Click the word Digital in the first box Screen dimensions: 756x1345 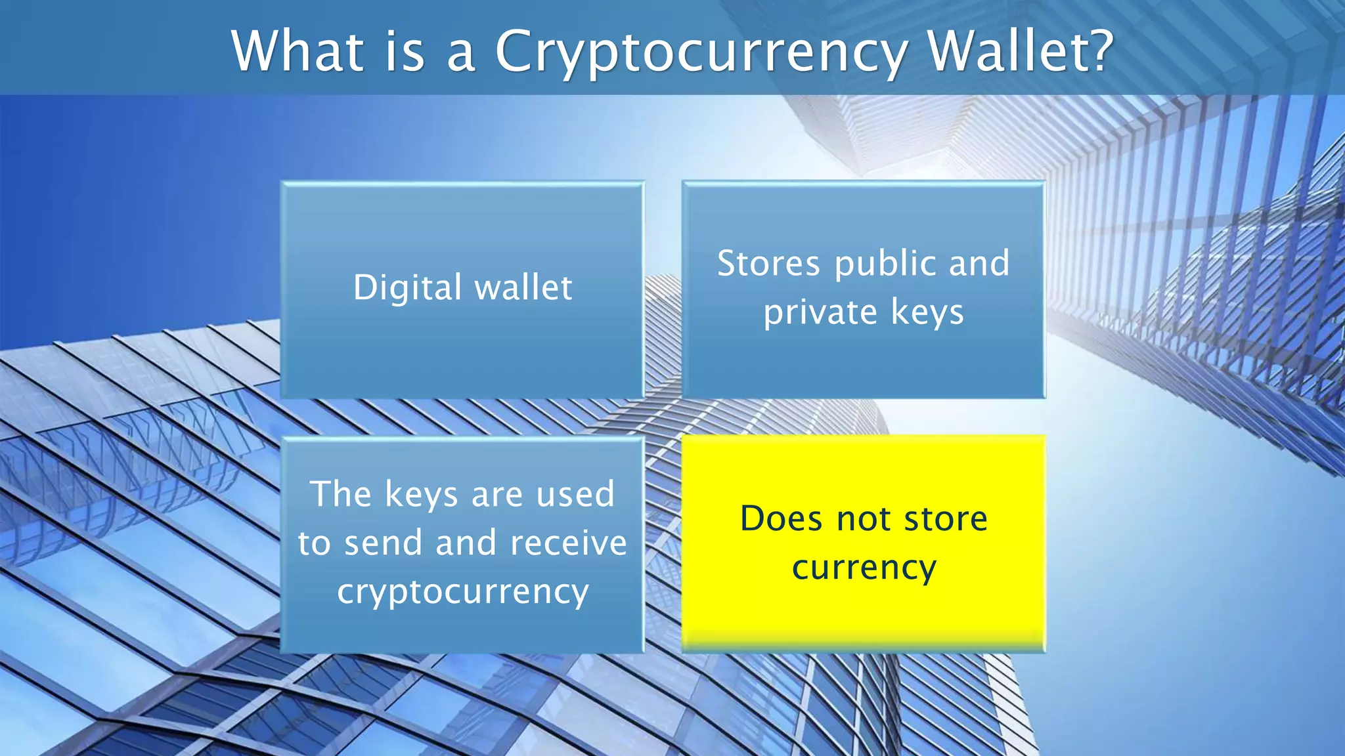[x=407, y=287]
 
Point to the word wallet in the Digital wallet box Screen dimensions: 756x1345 [x=523, y=287]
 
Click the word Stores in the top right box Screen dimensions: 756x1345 [x=768, y=263]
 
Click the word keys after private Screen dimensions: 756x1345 [x=927, y=312]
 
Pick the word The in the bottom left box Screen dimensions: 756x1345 [x=342, y=493]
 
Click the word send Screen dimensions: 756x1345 [x=383, y=543]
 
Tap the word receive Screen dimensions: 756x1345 [x=569, y=543]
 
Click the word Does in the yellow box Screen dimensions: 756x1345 [x=781, y=518]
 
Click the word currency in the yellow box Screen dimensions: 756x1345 [x=864, y=568]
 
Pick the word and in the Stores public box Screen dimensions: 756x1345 [x=979, y=263]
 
